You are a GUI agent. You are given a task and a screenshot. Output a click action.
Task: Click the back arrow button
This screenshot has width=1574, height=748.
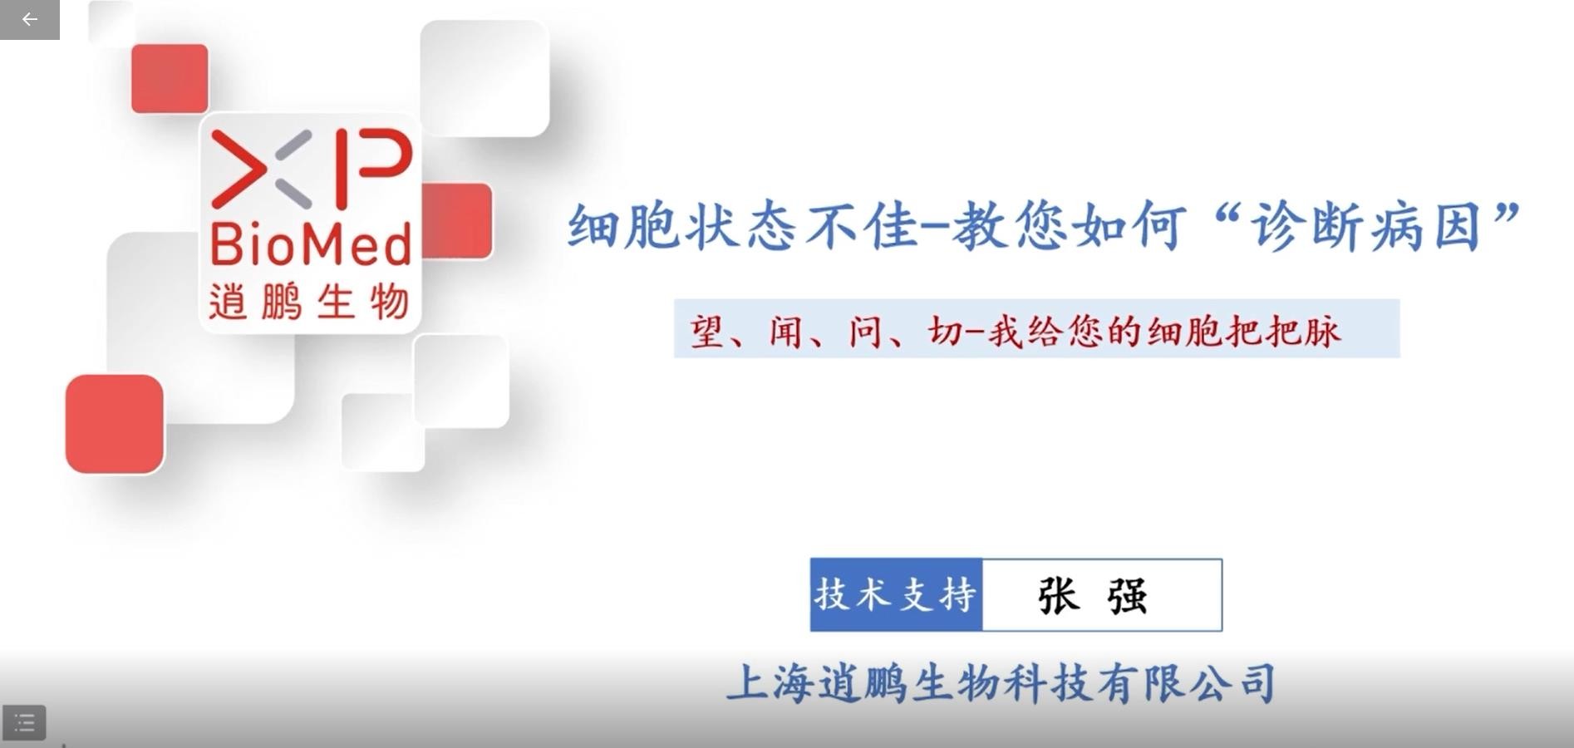pos(30,19)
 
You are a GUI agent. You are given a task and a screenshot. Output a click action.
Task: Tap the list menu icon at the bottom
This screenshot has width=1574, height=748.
pos(24,723)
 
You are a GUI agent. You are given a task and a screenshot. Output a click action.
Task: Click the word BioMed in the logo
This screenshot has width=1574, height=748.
pos(311,245)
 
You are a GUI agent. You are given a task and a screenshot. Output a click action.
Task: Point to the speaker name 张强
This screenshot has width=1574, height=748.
pos(1092,595)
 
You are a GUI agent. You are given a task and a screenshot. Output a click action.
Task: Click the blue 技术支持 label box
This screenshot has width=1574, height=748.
pos(896,595)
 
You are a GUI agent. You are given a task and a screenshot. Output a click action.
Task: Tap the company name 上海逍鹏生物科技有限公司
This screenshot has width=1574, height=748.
pos(1001,683)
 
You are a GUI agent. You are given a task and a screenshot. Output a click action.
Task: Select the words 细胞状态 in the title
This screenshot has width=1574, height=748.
pos(681,226)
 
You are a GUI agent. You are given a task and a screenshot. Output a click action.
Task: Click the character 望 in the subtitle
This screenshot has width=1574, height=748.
pos(706,332)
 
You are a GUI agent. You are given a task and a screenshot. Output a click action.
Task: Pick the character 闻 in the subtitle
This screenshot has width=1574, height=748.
pos(785,332)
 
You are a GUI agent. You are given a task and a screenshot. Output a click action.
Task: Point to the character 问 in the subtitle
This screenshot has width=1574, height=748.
pos(864,332)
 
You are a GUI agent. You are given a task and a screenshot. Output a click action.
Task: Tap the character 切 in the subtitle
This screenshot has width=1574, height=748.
pos(945,332)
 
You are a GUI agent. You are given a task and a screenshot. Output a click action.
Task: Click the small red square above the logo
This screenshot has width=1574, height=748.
pos(170,78)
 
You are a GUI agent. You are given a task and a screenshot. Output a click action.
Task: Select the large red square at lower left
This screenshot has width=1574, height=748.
pos(115,424)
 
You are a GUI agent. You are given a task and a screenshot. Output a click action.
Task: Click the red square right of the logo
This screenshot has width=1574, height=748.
pos(458,221)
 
